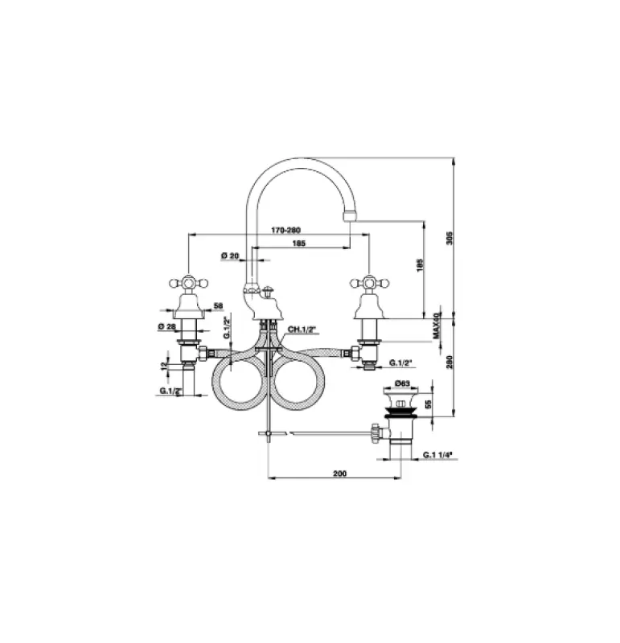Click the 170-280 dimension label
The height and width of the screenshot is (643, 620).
[281, 230]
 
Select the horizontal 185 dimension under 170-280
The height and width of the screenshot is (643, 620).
[298, 243]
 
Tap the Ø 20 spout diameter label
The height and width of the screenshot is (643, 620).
[230, 256]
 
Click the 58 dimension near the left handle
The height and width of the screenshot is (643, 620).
[218, 305]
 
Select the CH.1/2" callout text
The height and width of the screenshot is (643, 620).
[301, 330]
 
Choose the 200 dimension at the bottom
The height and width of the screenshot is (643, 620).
[339, 475]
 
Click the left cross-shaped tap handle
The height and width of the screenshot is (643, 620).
[188, 283]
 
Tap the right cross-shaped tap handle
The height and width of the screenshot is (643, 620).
[369, 283]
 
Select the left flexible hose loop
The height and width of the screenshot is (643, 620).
[239, 377]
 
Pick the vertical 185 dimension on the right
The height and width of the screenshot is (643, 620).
[420, 267]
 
